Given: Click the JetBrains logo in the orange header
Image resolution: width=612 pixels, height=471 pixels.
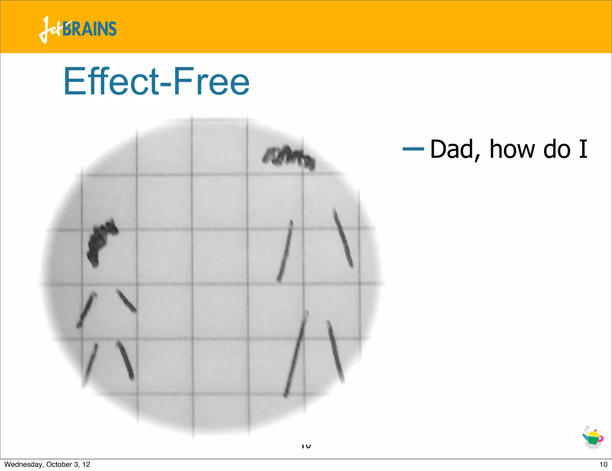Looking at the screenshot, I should click(x=78, y=29).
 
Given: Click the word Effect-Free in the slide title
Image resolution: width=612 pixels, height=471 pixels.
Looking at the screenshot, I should click(x=156, y=81).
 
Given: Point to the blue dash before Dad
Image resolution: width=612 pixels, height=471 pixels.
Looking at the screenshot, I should click(x=413, y=149).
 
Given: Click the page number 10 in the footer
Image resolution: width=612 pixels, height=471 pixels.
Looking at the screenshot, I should click(x=603, y=464).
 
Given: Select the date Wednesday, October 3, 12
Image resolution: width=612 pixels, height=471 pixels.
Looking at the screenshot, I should click(x=47, y=464).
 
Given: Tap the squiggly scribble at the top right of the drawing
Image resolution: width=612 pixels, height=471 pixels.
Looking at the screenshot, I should click(x=288, y=157).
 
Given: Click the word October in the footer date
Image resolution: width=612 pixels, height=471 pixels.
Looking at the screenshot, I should click(x=59, y=464).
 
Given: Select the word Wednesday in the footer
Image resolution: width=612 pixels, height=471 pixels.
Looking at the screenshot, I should click(x=23, y=464).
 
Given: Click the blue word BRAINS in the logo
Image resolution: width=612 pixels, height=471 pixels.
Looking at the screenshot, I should click(x=89, y=29).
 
